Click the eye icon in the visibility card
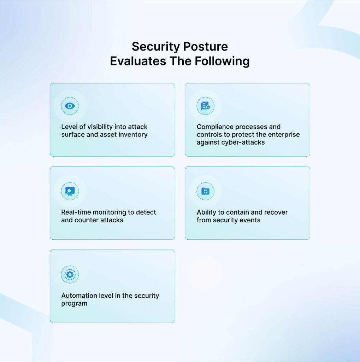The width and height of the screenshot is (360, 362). (x=70, y=106)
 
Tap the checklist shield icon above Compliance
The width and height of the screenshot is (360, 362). (x=205, y=106)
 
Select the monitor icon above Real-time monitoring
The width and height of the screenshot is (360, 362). (x=70, y=191)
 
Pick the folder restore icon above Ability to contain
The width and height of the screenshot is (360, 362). (x=205, y=191)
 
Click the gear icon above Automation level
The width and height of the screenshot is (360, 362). (x=70, y=275)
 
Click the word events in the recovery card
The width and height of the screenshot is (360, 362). (x=250, y=220)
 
